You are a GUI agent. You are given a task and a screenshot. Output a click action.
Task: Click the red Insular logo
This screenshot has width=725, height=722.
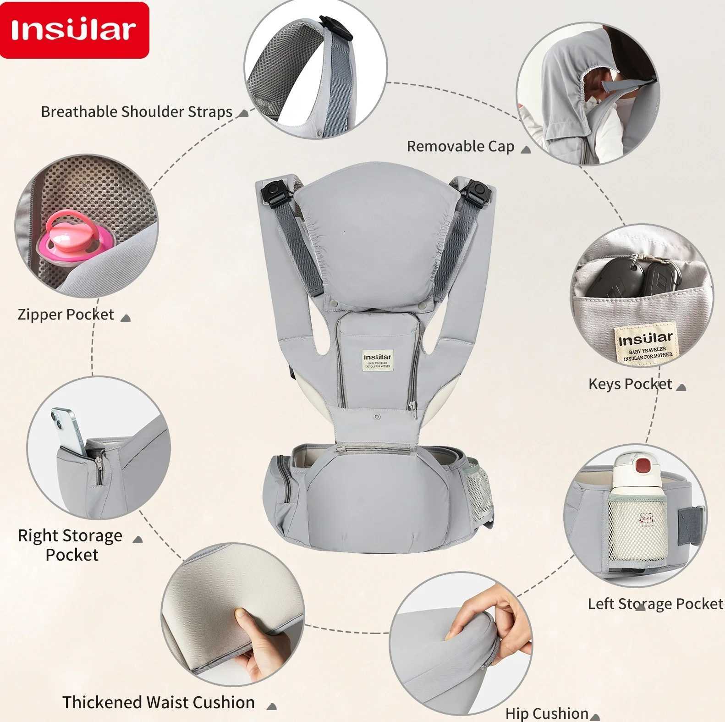(74, 30)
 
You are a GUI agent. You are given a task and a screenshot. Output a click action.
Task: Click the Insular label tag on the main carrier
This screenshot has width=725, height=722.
(378, 360)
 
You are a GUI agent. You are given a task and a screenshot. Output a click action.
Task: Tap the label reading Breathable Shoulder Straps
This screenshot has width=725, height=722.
(137, 112)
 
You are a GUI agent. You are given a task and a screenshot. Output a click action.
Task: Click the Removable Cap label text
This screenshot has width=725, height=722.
(460, 147)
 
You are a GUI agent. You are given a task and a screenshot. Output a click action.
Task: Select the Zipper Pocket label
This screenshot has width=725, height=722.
(66, 314)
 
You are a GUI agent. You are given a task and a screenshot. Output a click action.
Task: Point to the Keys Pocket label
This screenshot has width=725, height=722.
(630, 384)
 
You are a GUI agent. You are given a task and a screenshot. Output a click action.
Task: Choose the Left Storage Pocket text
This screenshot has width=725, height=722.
(655, 604)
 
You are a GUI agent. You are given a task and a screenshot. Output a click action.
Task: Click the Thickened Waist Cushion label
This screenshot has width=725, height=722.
(159, 702)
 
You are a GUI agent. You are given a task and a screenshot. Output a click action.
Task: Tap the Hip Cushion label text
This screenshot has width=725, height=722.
(547, 713)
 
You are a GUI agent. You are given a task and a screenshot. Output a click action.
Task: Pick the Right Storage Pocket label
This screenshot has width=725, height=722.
(70, 545)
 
